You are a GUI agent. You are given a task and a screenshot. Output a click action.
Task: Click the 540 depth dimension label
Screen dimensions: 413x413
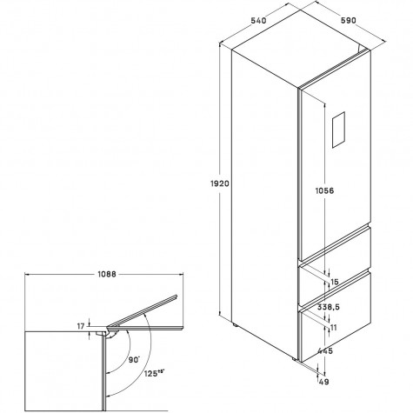[x=258, y=21]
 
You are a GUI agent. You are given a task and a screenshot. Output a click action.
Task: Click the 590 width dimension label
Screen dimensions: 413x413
[x=348, y=21]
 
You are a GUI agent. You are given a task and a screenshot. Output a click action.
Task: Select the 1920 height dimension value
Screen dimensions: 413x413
[x=219, y=183]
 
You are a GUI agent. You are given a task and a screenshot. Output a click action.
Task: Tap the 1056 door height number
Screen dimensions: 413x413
[x=324, y=190]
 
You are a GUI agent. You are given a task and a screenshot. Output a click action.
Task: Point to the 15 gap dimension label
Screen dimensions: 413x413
[x=335, y=282]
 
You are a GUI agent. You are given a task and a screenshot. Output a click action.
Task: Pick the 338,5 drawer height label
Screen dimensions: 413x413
[x=329, y=307]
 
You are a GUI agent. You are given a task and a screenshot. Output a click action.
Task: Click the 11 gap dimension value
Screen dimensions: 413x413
[x=334, y=328]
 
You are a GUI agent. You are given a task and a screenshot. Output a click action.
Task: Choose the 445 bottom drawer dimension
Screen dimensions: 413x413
[x=325, y=351]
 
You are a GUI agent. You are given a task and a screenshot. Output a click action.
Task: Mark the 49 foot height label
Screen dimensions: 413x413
[x=323, y=382]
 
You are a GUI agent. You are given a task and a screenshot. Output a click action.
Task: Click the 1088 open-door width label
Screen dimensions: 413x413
[x=106, y=274]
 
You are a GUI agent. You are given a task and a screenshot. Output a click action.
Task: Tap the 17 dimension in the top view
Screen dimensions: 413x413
[x=81, y=326]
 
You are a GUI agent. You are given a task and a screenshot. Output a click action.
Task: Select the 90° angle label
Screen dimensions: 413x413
[x=134, y=360]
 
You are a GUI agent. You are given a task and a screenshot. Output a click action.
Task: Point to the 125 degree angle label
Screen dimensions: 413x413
[x=155, y=373]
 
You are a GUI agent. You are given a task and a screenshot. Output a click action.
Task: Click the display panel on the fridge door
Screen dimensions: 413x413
[x=338, y=130]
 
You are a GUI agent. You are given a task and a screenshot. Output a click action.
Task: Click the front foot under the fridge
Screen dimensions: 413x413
[x=294, y=359]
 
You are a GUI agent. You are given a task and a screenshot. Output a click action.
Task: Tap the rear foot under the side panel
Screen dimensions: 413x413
[x=236, y=324]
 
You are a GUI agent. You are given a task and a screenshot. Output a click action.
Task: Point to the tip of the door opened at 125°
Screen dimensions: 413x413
[x=177, y=296]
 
